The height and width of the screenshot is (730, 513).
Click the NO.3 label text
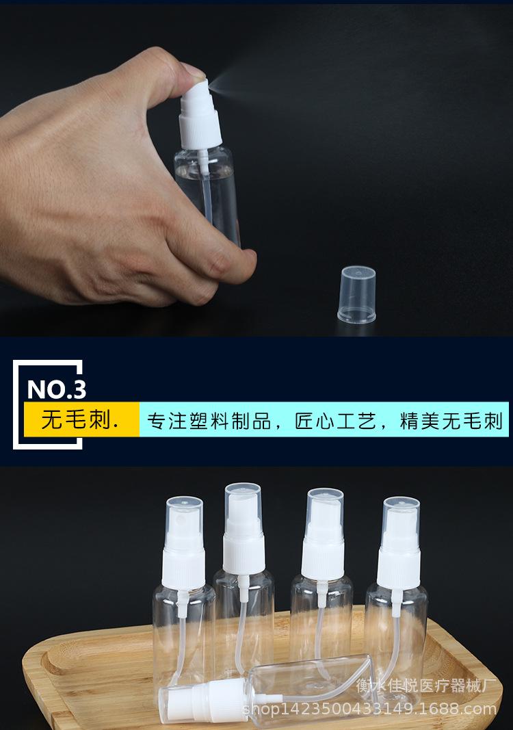[56, 390]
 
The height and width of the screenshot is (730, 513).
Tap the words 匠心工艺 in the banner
[334, 420]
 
